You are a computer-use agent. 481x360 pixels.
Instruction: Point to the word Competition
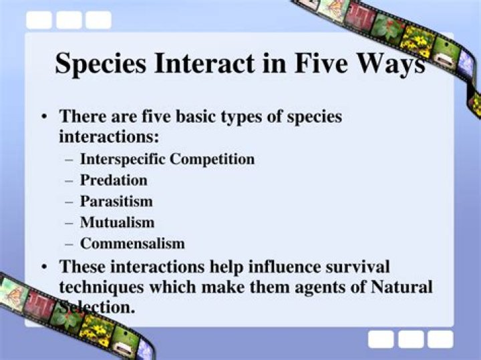(x=212, y=159)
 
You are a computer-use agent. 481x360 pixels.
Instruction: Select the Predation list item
(x=114, y=180)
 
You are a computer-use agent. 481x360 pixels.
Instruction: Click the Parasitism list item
(x=116, y=200)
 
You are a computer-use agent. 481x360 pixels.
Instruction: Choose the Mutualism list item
(x=117, y=222)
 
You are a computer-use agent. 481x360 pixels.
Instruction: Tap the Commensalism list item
(x=132, y=243)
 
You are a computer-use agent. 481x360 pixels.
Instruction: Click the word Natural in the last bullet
(x=399, y=287)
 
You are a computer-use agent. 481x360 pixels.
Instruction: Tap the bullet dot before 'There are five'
(x=44, y=117)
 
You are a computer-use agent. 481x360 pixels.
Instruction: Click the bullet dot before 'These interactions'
(x=44, y=266)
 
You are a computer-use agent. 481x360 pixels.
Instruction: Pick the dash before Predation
(x=69, y=180)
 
